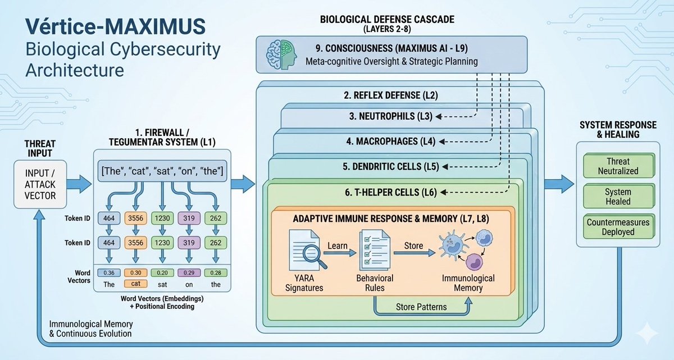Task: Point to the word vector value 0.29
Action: [188, 272]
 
